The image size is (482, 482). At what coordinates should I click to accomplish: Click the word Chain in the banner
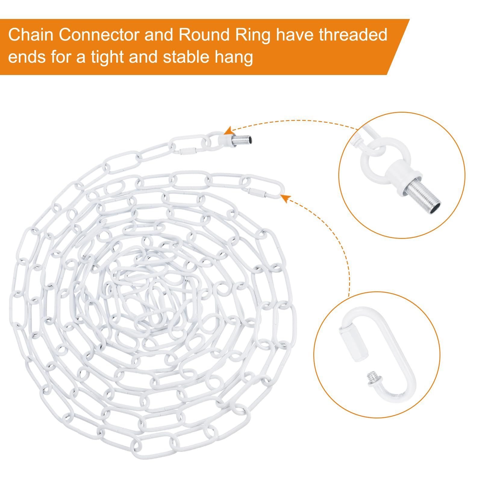(x=30, y=36)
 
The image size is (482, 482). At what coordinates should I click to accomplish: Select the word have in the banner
(x=294, y=36)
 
